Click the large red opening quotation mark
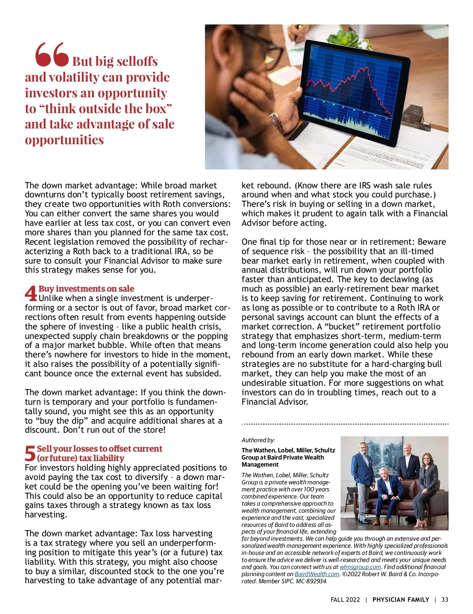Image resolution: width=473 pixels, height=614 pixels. [52, 54]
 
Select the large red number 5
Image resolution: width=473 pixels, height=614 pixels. [30, 454]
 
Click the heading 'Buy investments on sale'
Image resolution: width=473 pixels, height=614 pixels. [86, 289]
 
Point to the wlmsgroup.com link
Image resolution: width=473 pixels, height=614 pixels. [360, 567]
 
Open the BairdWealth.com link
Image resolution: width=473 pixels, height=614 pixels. [317, 574]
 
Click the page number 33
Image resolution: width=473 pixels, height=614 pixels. [445, 600]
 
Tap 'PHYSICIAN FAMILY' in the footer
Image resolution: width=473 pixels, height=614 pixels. [400, 600]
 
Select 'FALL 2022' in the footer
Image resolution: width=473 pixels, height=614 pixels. [345, 600]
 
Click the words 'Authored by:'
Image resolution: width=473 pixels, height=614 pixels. [258, 440]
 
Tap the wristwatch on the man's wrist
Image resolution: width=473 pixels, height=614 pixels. [277, 123]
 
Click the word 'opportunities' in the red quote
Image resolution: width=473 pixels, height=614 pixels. [64, 140]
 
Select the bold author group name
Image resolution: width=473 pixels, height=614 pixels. [288, 457]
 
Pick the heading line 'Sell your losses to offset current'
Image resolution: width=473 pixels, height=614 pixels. [99, 449]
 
